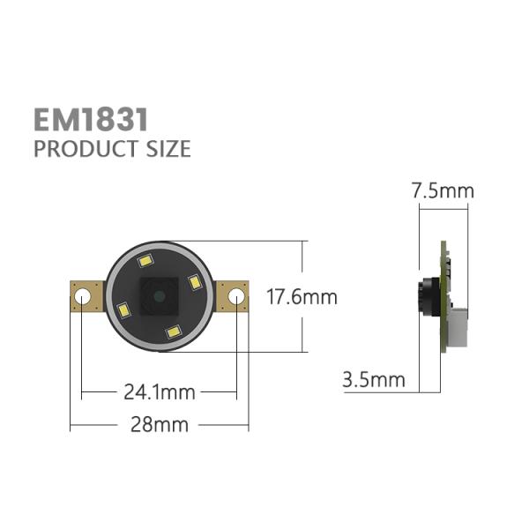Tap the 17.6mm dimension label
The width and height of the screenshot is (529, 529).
[302, 297]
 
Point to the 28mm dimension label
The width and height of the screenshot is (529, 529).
[160, 424]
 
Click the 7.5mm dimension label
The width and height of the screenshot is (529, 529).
[443, 190]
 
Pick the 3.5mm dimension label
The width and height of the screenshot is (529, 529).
[374, 380]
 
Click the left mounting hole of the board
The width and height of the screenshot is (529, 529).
[84, 298]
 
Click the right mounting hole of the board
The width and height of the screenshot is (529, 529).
[235, 298]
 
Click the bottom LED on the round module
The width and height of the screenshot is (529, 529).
[174, 332]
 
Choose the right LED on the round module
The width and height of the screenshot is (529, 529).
[194, 283]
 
